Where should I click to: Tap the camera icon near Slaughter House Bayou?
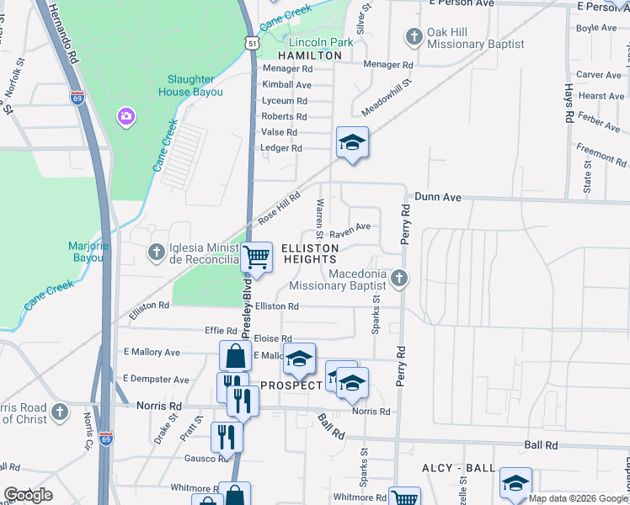tap(125, 114)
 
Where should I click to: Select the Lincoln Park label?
tap(321, 42)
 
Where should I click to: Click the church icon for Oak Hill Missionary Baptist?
tap(414, 35)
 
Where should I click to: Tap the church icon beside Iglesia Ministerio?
tap(156, 252)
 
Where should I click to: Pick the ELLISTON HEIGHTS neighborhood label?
tap(310, 253)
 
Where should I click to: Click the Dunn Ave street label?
tap(437, 197)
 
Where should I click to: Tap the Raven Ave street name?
tap(350, 227)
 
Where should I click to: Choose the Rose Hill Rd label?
tap(279, 206)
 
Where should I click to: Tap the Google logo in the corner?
tap(28, 495)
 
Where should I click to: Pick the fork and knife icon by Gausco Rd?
tap(226, 435)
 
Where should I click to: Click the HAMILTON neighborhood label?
tap(310, 56)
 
